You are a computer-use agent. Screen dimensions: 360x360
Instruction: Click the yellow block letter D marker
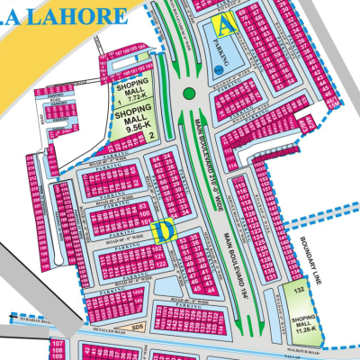(x=163, y=230)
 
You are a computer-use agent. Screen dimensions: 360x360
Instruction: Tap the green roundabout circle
(x=188, y=93)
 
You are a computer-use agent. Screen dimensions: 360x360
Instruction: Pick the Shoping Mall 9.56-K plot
(x=132, y=121)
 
